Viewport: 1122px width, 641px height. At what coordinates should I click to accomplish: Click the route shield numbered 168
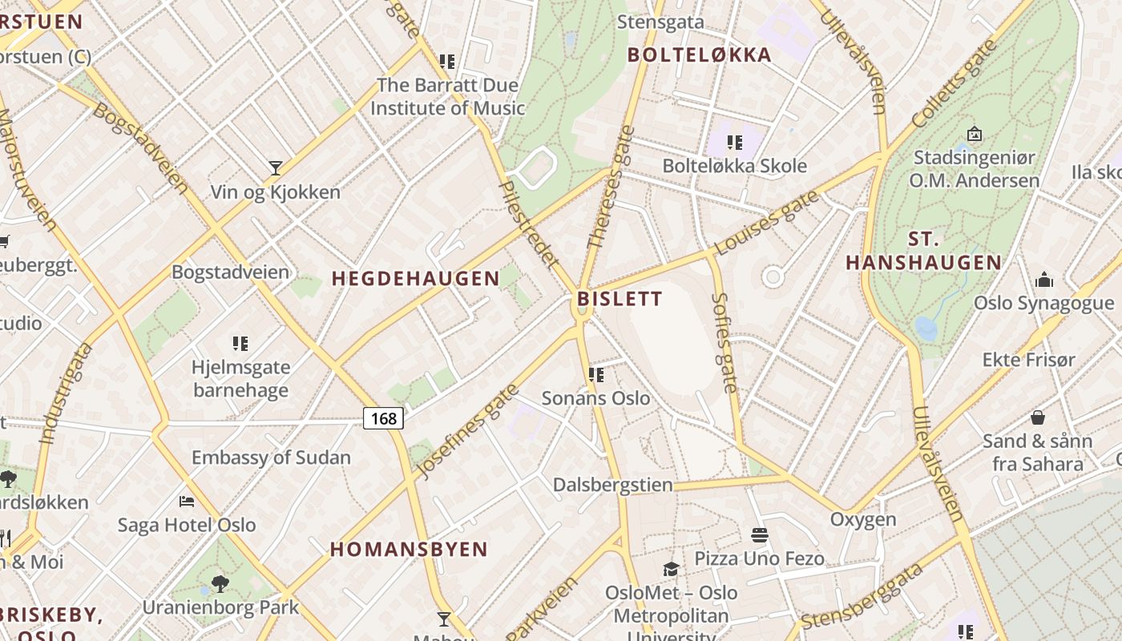383,418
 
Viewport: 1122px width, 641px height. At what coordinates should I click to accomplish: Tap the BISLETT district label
620,300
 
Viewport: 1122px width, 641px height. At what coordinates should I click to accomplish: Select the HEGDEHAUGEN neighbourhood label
415,279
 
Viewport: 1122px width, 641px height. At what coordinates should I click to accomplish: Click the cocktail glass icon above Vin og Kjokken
276,167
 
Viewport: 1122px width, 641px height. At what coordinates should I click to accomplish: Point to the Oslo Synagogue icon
1043,280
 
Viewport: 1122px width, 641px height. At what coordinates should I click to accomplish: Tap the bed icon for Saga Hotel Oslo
187,502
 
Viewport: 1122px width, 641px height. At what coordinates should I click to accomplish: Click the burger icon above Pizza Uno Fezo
759,534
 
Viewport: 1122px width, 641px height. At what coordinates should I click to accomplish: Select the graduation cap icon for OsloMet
671,569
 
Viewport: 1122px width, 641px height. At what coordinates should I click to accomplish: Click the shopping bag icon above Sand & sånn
1038,417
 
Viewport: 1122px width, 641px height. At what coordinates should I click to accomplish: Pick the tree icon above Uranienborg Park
220,583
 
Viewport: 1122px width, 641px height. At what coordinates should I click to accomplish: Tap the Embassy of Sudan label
271,458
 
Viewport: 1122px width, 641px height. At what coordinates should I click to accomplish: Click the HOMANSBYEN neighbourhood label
409,550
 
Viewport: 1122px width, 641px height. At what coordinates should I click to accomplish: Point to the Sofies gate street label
724,343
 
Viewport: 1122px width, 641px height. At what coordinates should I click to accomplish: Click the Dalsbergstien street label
613,485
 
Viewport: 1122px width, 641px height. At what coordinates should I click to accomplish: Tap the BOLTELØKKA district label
700,55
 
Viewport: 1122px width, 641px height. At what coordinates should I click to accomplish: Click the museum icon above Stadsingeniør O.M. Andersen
975,134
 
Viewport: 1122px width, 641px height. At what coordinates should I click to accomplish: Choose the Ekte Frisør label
1029,360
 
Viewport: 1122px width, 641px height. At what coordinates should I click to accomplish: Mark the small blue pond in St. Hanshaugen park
926,329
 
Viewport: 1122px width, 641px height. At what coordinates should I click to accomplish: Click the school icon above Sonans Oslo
595,374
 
